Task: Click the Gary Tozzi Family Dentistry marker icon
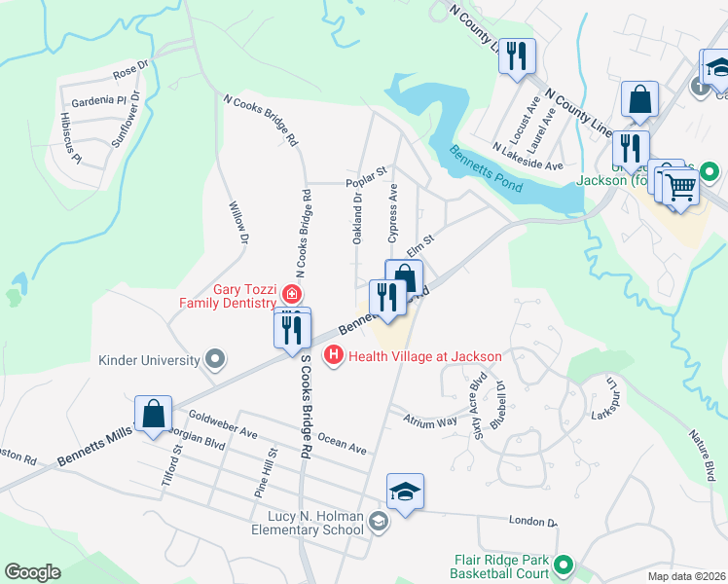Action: pos(289,293)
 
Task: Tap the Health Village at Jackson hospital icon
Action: pos(334,356)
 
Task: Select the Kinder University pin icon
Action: pos(214,360)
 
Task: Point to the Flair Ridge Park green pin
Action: pos(562,565)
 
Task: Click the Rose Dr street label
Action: pos(128,71)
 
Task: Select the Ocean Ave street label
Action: pos(342,444)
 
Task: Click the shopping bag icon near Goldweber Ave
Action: pos(154,415)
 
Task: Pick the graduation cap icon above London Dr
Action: pos(405,492)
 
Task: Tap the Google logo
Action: pos(32,572)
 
